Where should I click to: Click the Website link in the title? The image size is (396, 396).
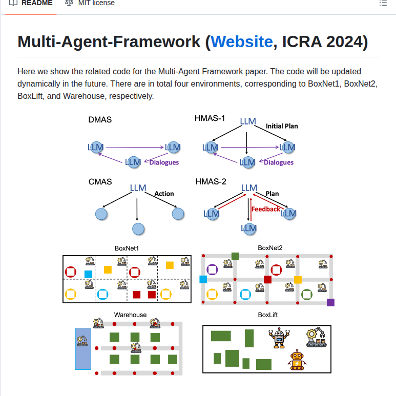(x=241, y=41)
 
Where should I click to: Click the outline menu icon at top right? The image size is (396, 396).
(x=383, y=3)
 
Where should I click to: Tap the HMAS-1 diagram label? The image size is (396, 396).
(x=210, y=118)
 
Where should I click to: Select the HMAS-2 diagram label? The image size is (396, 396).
(x=211, y=181)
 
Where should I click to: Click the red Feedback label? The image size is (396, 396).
(x=266, y=209)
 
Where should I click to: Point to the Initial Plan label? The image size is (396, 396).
(x=281, y=126)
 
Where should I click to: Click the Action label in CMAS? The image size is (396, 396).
(x=164, y=194)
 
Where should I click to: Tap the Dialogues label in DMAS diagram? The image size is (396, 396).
(x=164, y=162)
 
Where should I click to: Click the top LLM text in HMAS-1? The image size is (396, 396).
(x=248, y=121)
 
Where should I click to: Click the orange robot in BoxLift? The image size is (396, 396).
(x=297, y=360)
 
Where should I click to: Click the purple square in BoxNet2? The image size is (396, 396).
(x=330, y=302)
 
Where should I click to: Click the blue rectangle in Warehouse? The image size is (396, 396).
(x=83, y=348)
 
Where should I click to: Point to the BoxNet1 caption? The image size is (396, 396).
(x=127, y=248)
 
